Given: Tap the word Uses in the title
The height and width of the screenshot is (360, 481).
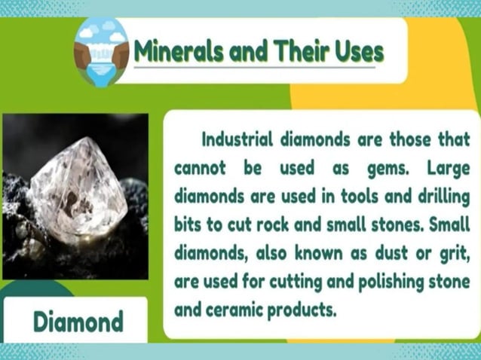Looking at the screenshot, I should [x=356, y=52].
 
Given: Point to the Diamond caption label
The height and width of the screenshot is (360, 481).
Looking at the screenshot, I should [x=78, y=322].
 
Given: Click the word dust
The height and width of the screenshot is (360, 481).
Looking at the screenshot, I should [x=394, y=252].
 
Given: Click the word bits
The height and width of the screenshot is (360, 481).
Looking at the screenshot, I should [x=190, y=224].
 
